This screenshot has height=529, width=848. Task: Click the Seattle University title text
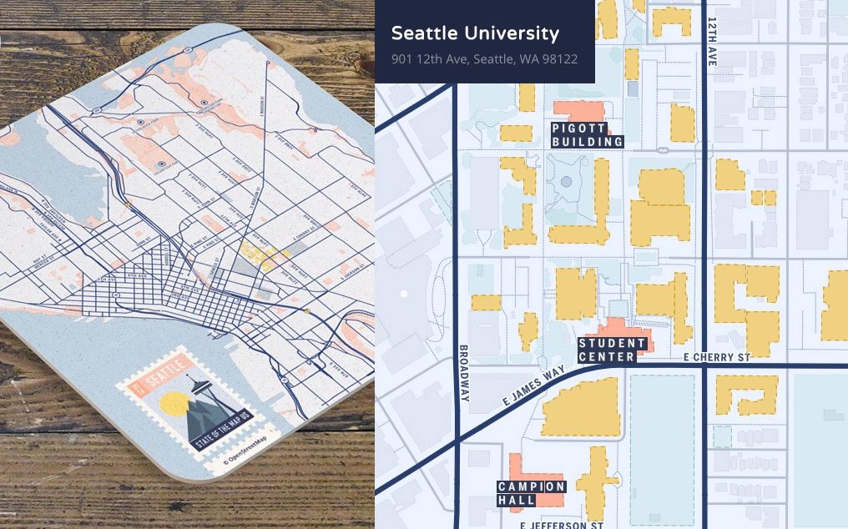point(475,33)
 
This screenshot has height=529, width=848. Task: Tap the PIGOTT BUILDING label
point(587,135)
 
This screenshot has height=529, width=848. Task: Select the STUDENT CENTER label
point(612,350)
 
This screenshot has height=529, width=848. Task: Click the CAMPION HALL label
point(531,493)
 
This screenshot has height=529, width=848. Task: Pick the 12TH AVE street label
point(712,42)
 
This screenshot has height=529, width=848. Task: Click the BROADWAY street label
point(464,372)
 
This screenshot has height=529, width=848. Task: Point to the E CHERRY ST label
point(716,357)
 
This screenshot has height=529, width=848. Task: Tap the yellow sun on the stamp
point(175,404)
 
